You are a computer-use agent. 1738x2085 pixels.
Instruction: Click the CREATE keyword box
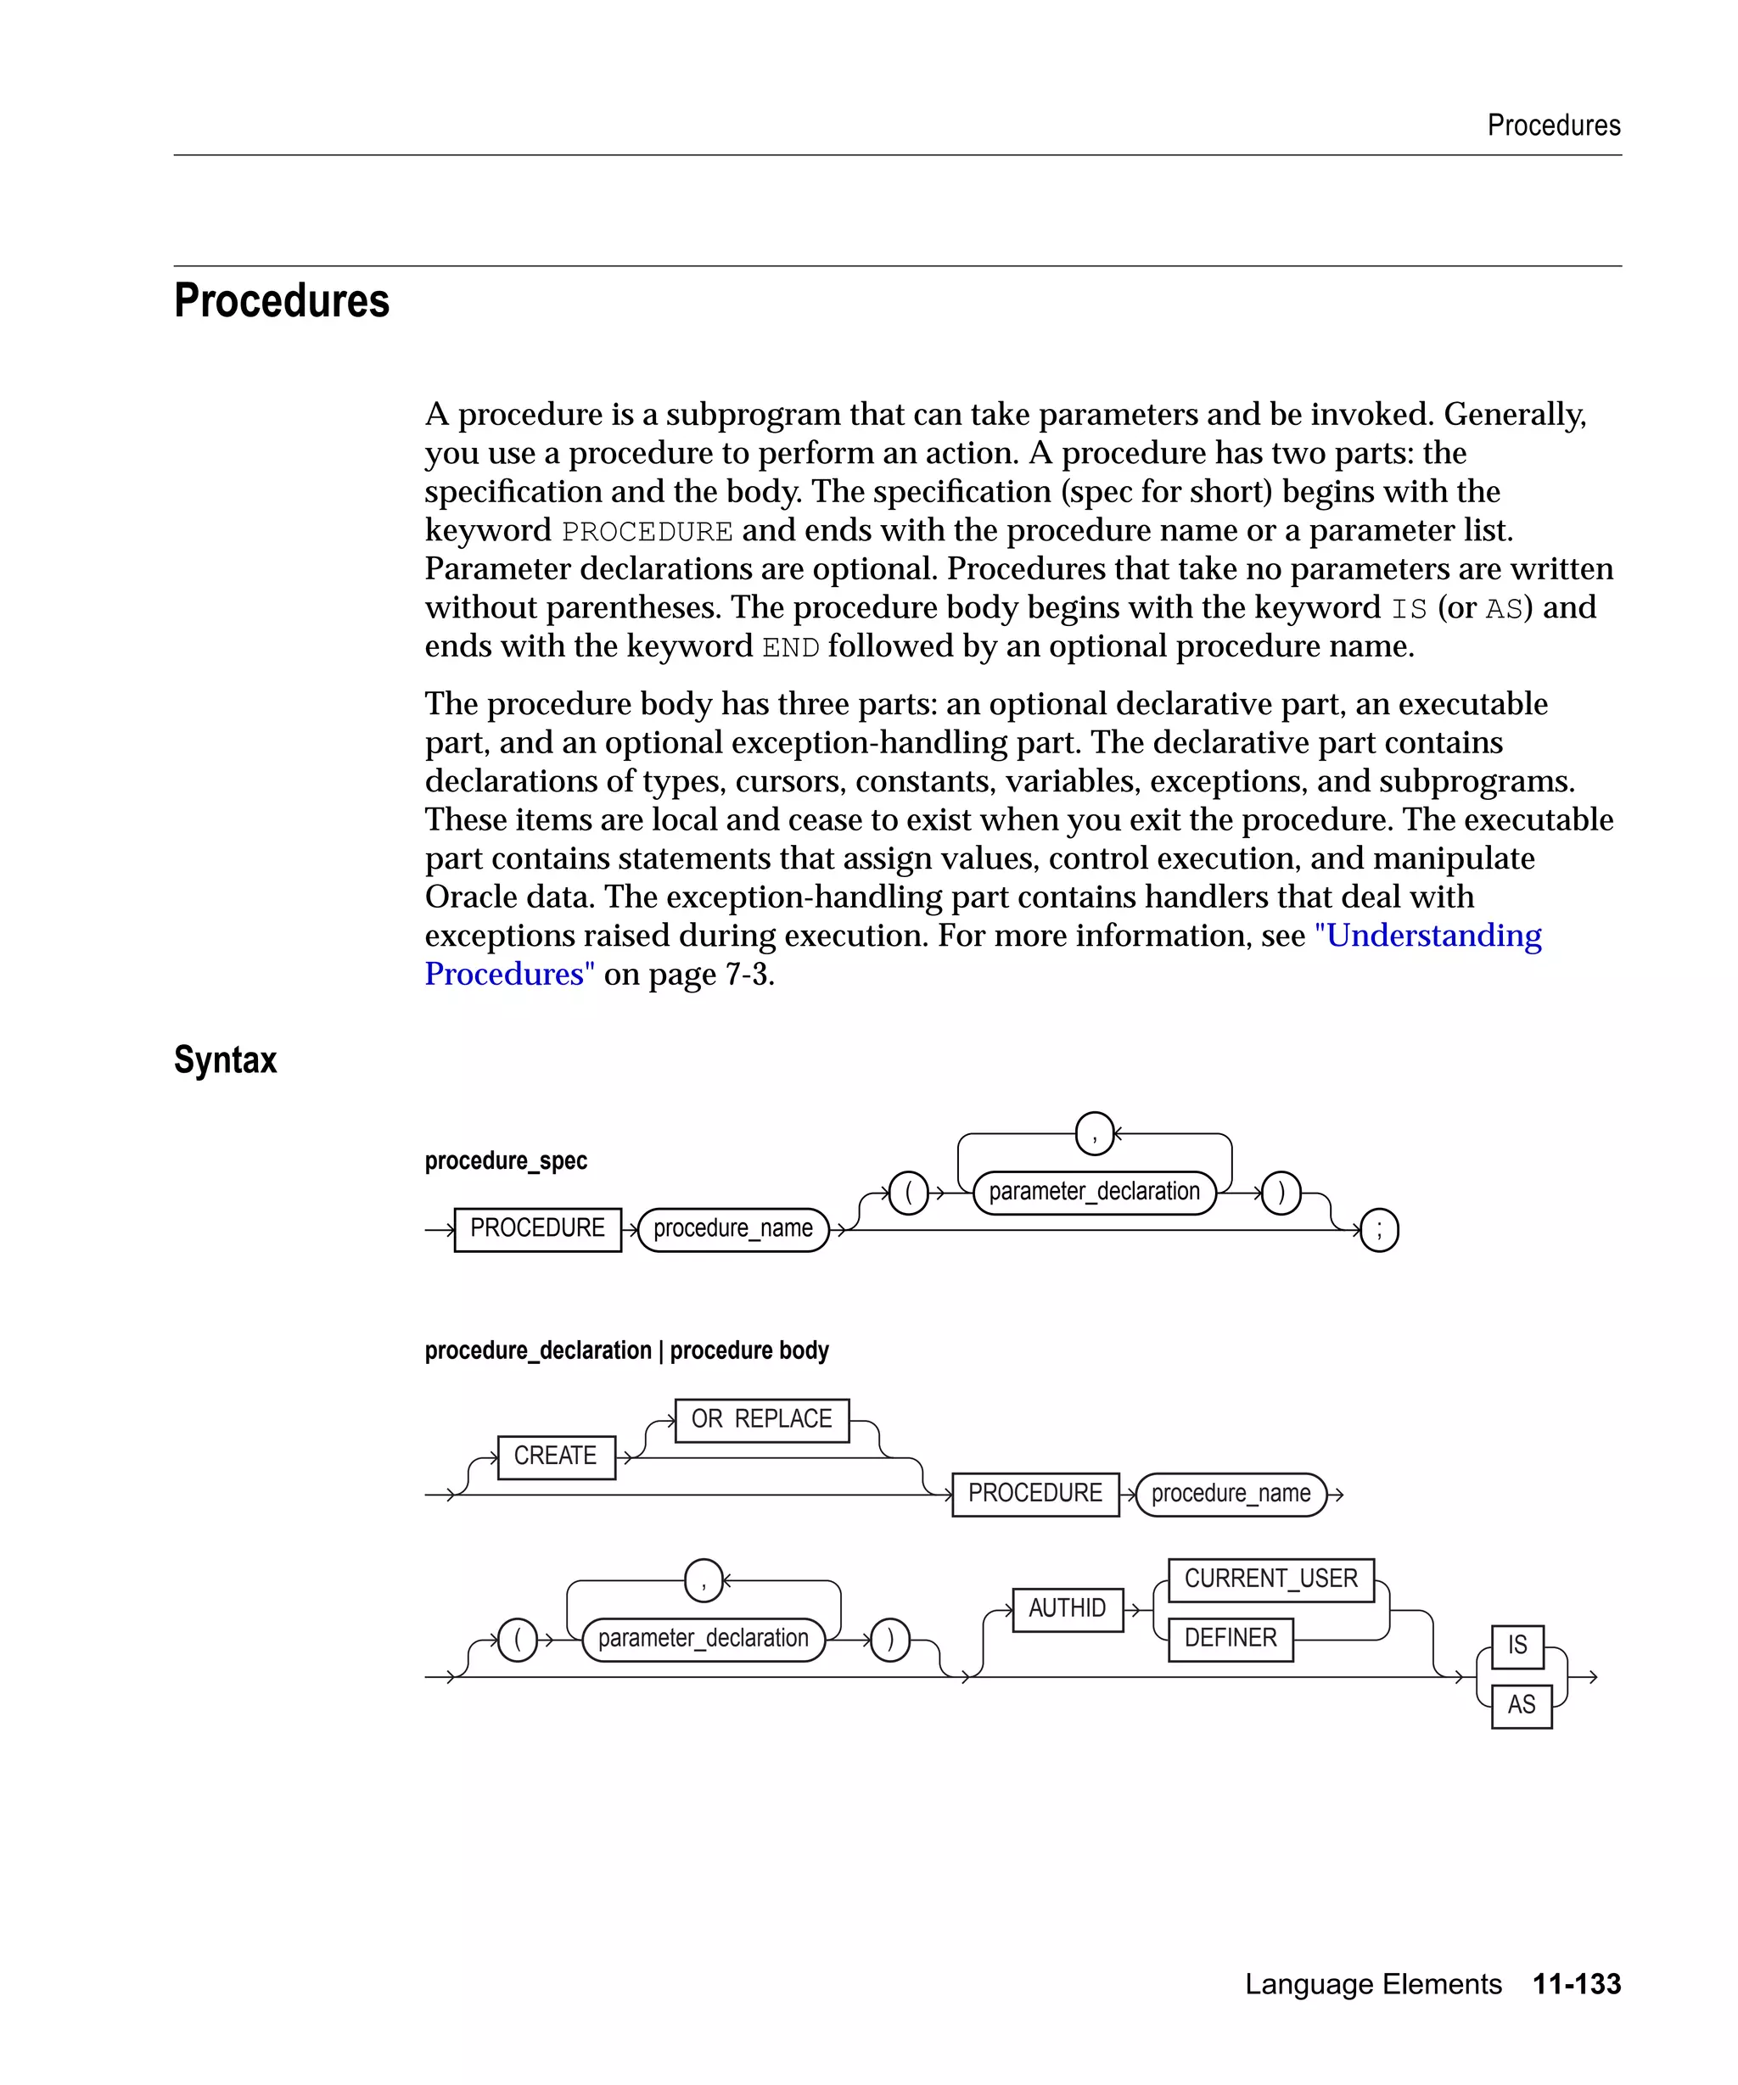(x=555, y=1456)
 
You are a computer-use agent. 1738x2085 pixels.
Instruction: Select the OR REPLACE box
(x=762, y=1420)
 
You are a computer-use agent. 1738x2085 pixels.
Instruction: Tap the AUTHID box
(x=1067, y=1608)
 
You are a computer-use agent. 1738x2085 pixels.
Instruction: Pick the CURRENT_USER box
(x=1270, y=1579)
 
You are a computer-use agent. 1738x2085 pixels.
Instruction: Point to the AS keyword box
(x=1521, y=1705)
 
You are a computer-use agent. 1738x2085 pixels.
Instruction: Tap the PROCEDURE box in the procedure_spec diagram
(x=537, y=1229)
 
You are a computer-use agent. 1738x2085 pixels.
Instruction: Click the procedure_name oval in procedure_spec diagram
(x=733, y=1229)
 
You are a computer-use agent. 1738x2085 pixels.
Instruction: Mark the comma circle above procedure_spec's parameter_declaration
(x=1095, y=1134)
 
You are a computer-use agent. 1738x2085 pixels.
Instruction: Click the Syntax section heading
(x=226, y=1060)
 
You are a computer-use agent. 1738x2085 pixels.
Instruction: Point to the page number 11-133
(x=1576, y=1984)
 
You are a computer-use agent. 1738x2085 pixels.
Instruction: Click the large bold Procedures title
(x=282, y=301)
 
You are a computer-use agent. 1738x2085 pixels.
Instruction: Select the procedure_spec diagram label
(x=506, y=1160)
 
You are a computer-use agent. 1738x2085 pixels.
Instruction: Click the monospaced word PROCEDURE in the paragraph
(x=647, y=532)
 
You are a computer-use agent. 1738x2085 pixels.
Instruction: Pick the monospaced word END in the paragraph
(x=791, y=648)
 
